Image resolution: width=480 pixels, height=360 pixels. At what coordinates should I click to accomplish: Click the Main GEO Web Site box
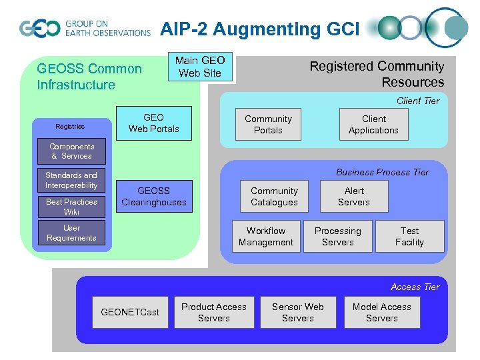(200, 67)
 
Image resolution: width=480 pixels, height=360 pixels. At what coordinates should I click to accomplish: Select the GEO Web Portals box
(153, 123)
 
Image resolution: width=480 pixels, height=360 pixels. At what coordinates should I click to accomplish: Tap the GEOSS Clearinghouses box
(153, 197)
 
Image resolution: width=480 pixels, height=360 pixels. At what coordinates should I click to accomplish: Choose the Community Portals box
(268, 125)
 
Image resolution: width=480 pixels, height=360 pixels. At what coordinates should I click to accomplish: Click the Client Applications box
(373, 125)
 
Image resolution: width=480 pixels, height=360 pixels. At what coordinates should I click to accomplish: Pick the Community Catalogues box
(274, 197)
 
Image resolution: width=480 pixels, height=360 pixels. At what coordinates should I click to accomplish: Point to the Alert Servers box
(353, 197)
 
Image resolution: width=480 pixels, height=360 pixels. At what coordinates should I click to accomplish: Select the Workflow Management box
(266, 237)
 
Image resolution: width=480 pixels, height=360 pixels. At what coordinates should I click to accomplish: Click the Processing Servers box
(338, 237)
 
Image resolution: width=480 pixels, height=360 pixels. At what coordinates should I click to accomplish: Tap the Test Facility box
(409, 237)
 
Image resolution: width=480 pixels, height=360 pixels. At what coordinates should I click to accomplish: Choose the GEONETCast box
(130, 312)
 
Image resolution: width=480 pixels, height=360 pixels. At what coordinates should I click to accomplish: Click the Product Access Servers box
(214, 313)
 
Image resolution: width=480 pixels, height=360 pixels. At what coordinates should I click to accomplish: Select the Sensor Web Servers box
(298, 313)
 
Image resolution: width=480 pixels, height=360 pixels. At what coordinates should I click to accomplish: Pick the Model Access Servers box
(382, 313)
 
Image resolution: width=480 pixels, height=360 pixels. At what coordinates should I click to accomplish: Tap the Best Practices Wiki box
(71, 207)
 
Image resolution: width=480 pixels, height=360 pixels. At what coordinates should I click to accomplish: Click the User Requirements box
(71, 233)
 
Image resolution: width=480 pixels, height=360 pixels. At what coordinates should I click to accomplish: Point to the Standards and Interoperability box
(71, 181)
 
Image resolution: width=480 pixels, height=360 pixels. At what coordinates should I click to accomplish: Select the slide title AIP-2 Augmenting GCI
(259, 29)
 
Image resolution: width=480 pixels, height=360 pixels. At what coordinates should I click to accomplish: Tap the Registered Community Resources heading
(377, 74)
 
